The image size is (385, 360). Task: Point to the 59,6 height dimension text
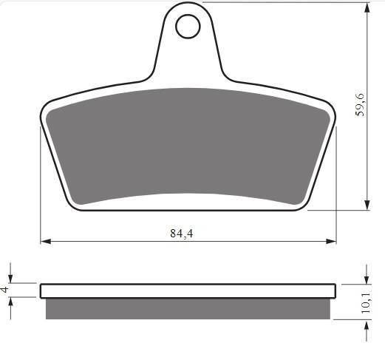tap(360, 106)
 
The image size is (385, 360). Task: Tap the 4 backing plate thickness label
tap(7, 290)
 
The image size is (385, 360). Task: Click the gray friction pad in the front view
tap(188, 144)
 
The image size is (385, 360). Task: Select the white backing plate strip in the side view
tap(188, 290)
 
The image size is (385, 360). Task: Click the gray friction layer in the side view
tap(188, 308)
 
